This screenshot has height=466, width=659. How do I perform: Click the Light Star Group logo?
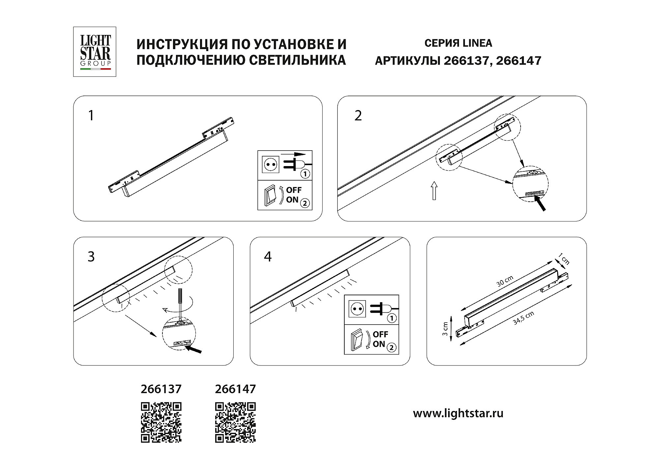coord(95,52)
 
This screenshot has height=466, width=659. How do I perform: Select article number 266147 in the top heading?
coord(518,61)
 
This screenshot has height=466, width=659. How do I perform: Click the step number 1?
coord(91,116)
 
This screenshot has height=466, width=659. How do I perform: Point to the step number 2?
coord(358,116)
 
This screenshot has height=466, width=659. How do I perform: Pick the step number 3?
coord(91,256)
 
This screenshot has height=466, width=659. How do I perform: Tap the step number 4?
coord(268,256)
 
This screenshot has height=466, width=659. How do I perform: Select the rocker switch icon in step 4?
coord(358,340)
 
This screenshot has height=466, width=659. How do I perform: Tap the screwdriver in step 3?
coord(180,305)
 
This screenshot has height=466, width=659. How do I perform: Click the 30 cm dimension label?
coord(505,281)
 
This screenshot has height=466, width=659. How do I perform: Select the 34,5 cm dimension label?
coord(524,318)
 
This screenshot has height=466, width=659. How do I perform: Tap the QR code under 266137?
coord(161,422)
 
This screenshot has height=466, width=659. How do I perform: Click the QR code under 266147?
coord(236,422)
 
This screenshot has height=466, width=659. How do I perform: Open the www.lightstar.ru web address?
coord(458,414)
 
